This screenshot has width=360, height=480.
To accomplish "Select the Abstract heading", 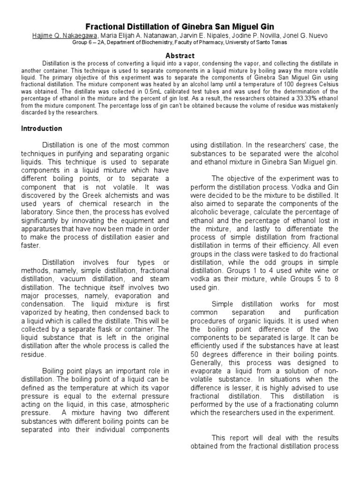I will [180, 55].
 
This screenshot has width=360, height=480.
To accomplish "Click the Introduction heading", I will [42, 128].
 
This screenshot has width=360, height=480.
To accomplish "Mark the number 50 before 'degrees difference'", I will [195, 354].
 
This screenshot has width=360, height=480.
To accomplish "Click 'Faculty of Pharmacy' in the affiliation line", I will [176, 43].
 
